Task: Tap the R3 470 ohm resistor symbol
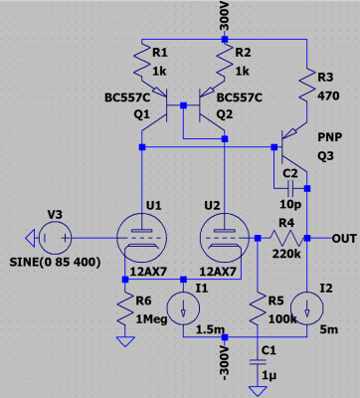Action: [x=307, y=85]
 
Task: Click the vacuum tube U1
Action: [x=142, y=238]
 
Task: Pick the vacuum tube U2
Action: [x=225, y=238]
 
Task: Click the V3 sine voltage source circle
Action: [x=55, y=238]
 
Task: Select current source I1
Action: [x=183, y=308]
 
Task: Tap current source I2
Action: [x=307, y=308]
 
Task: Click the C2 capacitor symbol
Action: [x=290, y=188]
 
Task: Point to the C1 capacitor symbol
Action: [x=258, y=362]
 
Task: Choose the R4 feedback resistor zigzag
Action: [x=286, y=238]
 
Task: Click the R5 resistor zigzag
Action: [x=258, y=308]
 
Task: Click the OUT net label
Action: [x=344, y=239]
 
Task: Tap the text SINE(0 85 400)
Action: [x=55, y=263]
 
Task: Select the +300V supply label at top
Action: [x=225, y=16]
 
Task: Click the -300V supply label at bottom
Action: [x=225, y=362]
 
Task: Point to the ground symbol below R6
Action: [x=125, y=341]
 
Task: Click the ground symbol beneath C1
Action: [x=258, y=391]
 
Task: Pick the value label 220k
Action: [x=286, y=254]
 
